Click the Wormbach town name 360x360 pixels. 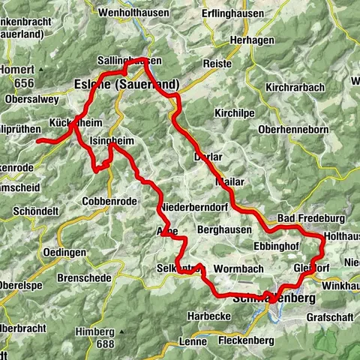coord(235,268)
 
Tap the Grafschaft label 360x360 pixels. coord(329,316)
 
